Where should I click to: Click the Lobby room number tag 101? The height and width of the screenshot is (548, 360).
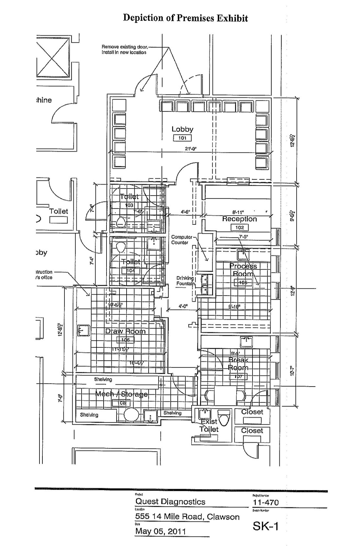pos(182,138)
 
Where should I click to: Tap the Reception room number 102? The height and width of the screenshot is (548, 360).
pos(239,227)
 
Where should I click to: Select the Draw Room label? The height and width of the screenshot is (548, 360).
pos(125,331)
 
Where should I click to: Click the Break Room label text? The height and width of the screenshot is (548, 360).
pos(238,364)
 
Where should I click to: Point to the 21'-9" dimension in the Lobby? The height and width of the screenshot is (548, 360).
pos(191,149)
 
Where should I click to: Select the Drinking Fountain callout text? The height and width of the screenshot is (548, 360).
pos(185,281)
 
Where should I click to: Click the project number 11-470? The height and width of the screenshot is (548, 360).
pos(265,502)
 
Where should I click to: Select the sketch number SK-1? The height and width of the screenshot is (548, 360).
pos(265,526)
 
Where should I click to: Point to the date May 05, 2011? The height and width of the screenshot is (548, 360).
pos(156,531)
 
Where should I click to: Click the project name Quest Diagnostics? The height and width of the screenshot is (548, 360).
pos(170,502)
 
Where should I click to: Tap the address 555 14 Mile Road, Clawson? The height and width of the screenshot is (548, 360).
pos(187,517)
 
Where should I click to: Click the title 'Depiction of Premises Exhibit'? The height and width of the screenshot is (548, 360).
pos(186,18)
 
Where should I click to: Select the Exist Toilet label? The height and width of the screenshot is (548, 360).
pos(209,425)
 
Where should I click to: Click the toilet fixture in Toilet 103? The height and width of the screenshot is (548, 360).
pos(121,222)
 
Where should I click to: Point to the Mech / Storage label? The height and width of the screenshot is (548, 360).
pos(121,394)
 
